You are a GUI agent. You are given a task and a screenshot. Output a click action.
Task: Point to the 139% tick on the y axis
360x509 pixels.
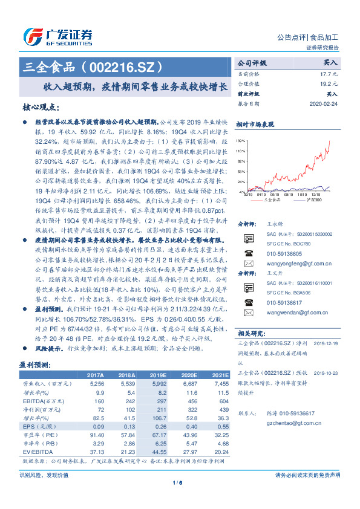click(241, 140)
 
